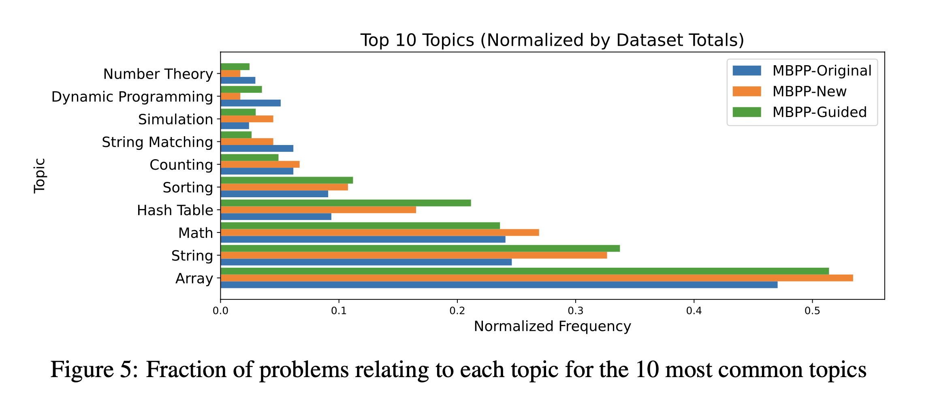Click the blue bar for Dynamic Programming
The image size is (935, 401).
pyautogui.click(x=250, y=103)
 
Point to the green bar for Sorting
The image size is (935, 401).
pyautogui.click(x=286, y=180)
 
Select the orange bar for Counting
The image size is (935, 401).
pyautogui.click(x=259, y=164)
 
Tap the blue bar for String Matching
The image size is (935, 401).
pyautogui.click(x=256, y=148)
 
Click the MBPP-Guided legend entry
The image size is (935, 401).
pyautogui.click(x=819, y=112)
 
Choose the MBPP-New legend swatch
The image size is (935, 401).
pyautogui.click(x=747, y=92)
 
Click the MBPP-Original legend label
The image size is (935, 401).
pyautogui.click(x=822, y=71)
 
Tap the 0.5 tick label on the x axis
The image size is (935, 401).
pyautogui.click(x=812, y=311)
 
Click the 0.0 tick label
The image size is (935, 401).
pyautogui.click(x=220, y=311)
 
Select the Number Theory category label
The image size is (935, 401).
pyautogui.click(x=158, y=74)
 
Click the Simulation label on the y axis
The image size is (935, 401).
pyautogui.click(x=175, y=119)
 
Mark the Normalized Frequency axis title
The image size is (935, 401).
pyautogui.click(x=552, y=326)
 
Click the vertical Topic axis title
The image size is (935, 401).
pyautogui.click(x=39, y=176)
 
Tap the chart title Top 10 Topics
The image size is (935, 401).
pyautogui.click(x=552, y=40)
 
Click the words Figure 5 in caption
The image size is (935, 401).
pyautogui.click(x=94, y=369)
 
